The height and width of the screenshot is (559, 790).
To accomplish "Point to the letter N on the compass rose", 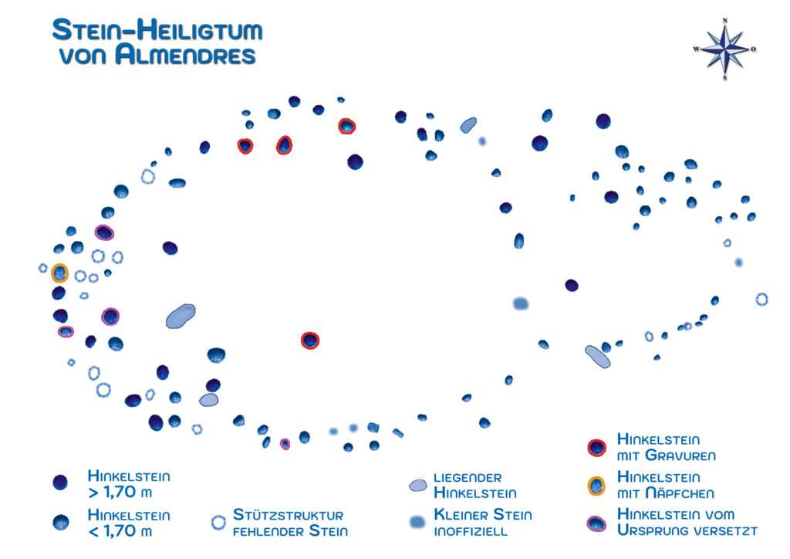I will (x=724, y=22).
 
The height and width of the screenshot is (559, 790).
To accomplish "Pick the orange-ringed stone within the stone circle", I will (x=59, y=273).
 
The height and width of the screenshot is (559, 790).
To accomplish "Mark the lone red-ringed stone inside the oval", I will (x=309, y=340).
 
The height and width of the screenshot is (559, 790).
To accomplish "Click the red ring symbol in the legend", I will (x=596, y=447).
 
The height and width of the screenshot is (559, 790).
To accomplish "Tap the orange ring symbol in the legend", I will (x=596, y=486).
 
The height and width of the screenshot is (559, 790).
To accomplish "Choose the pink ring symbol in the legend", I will (x=596, y=523).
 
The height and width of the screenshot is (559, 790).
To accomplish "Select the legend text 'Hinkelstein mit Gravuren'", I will (x=666, y=447).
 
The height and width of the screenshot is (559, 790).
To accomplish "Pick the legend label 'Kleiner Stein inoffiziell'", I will (x=482, y=523).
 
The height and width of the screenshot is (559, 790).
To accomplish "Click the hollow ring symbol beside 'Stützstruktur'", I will (x=218, y=523).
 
